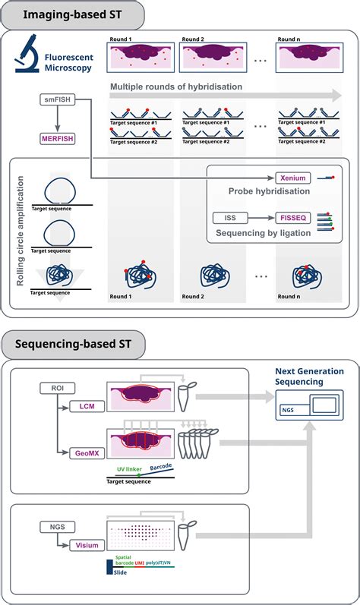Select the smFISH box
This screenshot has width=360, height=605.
tap(58, 99)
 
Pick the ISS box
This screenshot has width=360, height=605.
tap(230, 218)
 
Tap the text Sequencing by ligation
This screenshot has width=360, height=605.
tap(264, 232)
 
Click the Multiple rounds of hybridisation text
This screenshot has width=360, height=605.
tap(176, 87)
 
